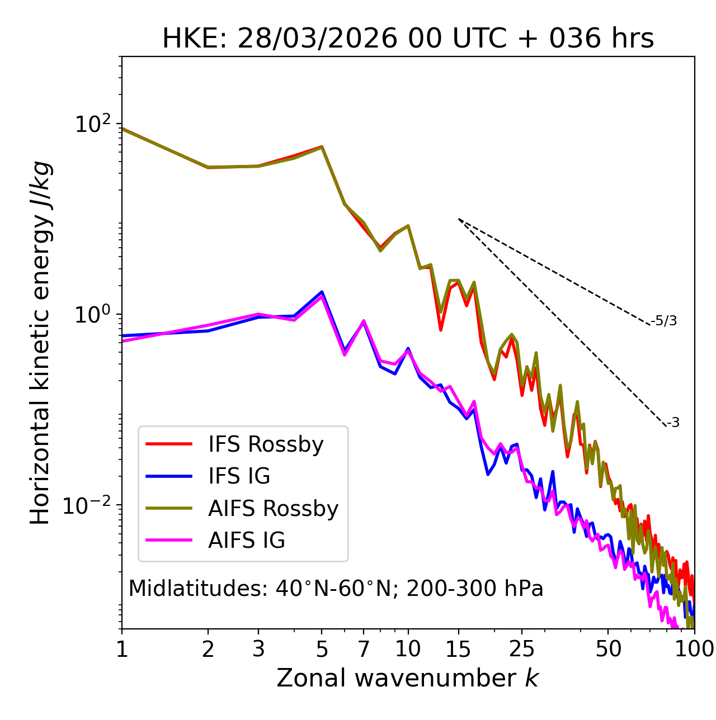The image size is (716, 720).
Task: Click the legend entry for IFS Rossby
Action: click(266, 444)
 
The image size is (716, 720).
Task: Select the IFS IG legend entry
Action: click(239, 476)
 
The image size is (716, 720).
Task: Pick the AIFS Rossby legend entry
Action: click(273, 509)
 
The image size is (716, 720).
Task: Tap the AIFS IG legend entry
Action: click(247, 541)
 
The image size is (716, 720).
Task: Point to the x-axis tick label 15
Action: click(458, 649)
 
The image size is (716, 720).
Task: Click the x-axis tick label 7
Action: click(364, 649)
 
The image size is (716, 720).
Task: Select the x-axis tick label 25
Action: click(522, 649)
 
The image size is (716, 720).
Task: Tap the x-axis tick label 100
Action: click(694, 649)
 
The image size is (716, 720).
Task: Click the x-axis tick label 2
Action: click(208, 649)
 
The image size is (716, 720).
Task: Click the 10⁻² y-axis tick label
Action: click(89, 506)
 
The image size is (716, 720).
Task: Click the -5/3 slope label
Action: click(664, 321)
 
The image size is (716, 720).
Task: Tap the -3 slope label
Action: click(673, 423)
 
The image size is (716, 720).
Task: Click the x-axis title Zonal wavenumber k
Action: click(408, 679)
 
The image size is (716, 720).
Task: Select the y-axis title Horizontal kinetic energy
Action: click(41, 343)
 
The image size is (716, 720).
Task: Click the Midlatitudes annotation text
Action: click(336, 589)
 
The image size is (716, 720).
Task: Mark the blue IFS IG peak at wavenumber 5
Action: click(322, 292)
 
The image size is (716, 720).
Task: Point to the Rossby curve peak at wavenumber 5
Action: click(322, 147)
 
